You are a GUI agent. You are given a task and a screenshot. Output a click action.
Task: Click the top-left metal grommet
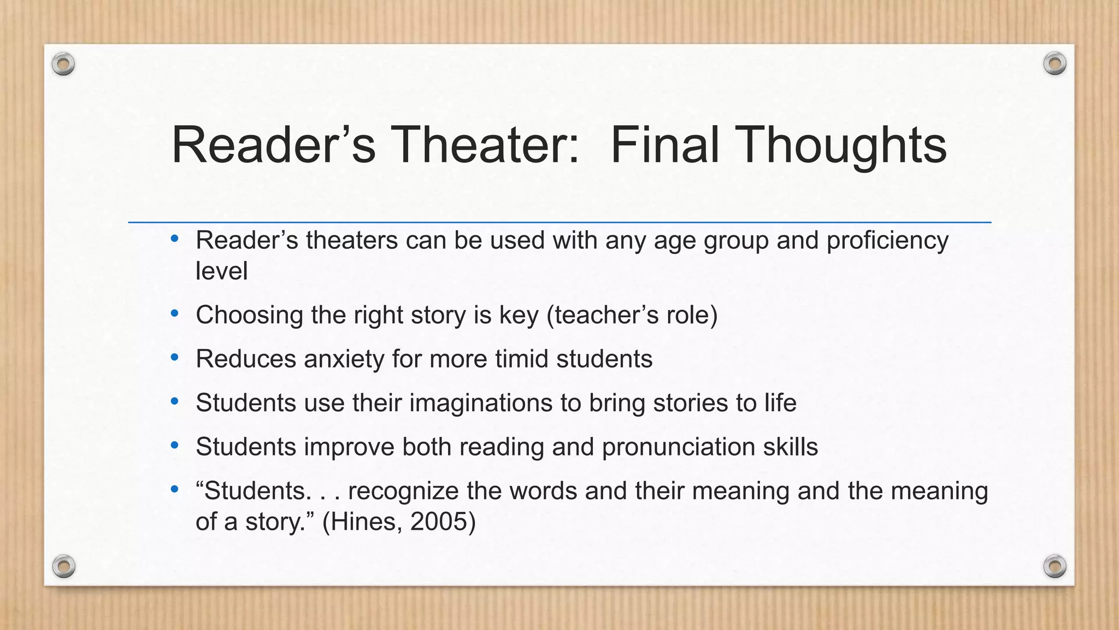coord(63,65)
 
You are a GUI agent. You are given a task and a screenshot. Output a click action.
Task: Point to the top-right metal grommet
coord(1055,64)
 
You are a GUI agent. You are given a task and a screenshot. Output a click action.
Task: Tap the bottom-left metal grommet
coord(63,566)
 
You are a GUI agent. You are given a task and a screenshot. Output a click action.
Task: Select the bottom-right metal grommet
coord(1055,566)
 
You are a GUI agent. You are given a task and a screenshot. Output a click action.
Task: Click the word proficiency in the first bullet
coord(887,241)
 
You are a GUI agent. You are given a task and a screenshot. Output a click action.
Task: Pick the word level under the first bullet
coord(221,271)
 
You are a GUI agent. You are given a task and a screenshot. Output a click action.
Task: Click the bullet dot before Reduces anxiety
coord(174,358)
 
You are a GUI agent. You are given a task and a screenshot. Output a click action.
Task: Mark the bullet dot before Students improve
coord(174,446)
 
